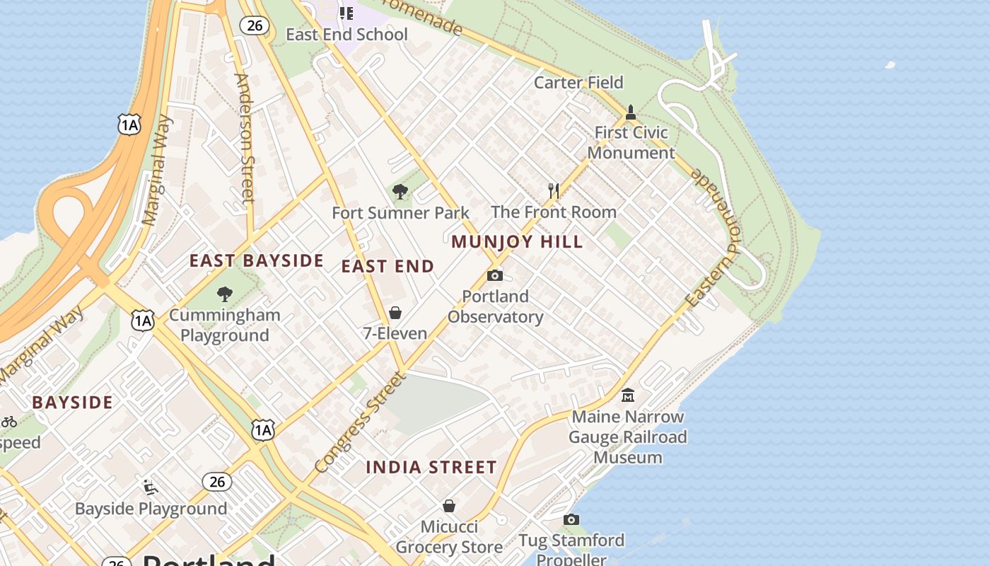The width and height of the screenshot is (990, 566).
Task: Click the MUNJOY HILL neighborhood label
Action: [517, 242]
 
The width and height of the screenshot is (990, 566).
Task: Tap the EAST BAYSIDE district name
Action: [256, 260]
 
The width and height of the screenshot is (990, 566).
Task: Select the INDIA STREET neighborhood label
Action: [431, 467]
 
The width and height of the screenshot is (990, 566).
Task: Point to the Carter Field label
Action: [578, 82]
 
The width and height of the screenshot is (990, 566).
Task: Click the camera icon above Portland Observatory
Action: [495, 275]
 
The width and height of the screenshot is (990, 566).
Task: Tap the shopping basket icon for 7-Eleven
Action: [395, 313]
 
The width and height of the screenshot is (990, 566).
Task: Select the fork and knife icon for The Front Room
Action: [554, 190]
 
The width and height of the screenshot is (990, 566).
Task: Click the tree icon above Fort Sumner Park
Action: [400, 192]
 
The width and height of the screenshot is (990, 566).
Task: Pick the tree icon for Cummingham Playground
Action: [225, 294]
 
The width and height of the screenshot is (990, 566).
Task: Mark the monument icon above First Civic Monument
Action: [631, 112]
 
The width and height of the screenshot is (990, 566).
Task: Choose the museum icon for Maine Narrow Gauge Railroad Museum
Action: [627, 395]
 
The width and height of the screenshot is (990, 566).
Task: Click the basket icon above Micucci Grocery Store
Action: [448, 506]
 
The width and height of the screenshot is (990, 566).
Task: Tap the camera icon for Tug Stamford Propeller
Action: [571, 520]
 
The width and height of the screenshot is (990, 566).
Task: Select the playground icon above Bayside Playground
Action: [151, 487]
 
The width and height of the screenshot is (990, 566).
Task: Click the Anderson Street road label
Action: [243, 138]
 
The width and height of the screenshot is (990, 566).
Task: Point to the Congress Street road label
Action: [361, 422]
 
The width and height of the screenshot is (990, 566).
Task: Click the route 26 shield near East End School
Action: [255, 25]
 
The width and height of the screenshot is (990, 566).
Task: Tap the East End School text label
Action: [346, 34]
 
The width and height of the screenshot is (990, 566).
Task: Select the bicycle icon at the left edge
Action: [8, 422]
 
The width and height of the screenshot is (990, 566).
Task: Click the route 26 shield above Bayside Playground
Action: [217, 482]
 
